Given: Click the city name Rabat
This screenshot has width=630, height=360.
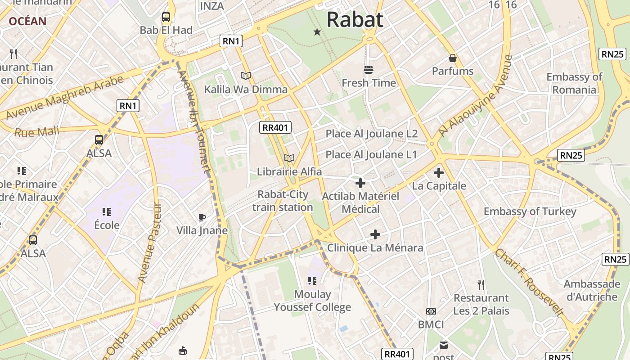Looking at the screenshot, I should coord(355,20).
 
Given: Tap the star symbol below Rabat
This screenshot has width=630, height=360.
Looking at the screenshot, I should coord(317,32).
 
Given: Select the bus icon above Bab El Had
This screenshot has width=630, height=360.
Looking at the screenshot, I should coord(166,18).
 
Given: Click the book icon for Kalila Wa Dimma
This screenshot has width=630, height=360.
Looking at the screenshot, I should coord(246,76).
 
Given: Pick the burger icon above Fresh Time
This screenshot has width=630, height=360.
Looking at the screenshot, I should coord(369,69).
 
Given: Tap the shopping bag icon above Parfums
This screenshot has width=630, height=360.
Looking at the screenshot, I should coord(453,58).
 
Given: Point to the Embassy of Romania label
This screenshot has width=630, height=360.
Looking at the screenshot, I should coord(574,83).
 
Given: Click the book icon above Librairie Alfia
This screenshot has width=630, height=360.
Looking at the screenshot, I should coord(289,158).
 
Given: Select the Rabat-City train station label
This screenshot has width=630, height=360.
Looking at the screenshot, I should coord(283,201).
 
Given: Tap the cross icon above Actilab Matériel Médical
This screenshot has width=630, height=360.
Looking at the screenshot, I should coord(360,183).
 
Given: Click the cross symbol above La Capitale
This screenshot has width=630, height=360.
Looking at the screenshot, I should coord(439,172).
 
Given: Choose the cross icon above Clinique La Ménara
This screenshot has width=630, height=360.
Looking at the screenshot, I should coord(375,234).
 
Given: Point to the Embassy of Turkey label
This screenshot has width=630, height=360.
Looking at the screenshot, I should coord(530,211).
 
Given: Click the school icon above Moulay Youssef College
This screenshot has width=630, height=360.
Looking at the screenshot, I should coord(312,281).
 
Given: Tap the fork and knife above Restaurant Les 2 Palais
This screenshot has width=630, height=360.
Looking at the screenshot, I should coord(481,284).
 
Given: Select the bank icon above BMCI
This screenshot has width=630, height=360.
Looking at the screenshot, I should coord(431,311).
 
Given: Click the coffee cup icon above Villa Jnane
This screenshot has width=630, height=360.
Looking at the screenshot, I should coord(202,218).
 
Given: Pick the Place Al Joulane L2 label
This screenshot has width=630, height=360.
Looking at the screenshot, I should coord(372,134).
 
